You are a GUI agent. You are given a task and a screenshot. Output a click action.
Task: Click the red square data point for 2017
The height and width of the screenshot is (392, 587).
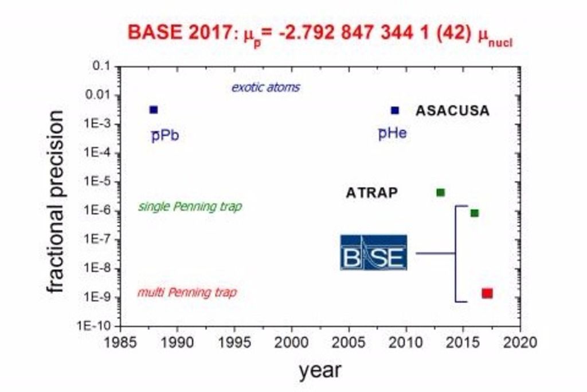tap(487, 293)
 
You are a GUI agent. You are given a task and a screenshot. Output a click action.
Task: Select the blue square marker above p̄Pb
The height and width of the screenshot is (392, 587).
tap(153, 110)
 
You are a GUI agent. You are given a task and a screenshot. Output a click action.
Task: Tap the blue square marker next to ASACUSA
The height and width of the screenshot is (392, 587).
tap(394, 110)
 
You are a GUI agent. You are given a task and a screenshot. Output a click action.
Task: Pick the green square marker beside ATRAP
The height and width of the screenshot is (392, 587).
tap(440, 192)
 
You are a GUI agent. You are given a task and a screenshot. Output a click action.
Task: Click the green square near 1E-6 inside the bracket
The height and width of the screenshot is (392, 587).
tap(474, 213)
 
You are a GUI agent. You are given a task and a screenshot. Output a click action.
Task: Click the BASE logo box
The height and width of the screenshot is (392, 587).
tap(373, 253)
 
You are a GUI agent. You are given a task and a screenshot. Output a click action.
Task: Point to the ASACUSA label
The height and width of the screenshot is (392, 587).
tap(452, 111)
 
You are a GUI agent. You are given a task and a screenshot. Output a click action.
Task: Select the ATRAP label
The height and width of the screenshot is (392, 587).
tap(371, 193)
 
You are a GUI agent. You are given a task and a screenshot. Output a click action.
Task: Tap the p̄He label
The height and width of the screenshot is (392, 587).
tap(392, 134)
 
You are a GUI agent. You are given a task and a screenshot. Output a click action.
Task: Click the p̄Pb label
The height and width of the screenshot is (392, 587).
tap(165, 137)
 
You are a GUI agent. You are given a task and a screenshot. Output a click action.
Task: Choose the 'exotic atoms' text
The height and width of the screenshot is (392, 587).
tap(265, 88)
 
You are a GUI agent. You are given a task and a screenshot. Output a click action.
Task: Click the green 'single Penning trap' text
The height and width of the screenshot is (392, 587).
tap(190, 207)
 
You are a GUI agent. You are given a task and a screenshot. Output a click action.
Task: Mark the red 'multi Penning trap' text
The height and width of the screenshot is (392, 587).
tap(187, 293)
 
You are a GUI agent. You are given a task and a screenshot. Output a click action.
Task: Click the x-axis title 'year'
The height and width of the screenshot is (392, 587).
tap(319, 370)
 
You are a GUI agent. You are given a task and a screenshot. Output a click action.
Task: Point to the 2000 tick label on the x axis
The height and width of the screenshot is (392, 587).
tap(291, 343)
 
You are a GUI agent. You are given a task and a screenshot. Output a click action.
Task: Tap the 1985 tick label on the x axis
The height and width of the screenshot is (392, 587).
tap(120, 343)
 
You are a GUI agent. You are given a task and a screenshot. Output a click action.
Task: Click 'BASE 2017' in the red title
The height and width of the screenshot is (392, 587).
tap(169, 33)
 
